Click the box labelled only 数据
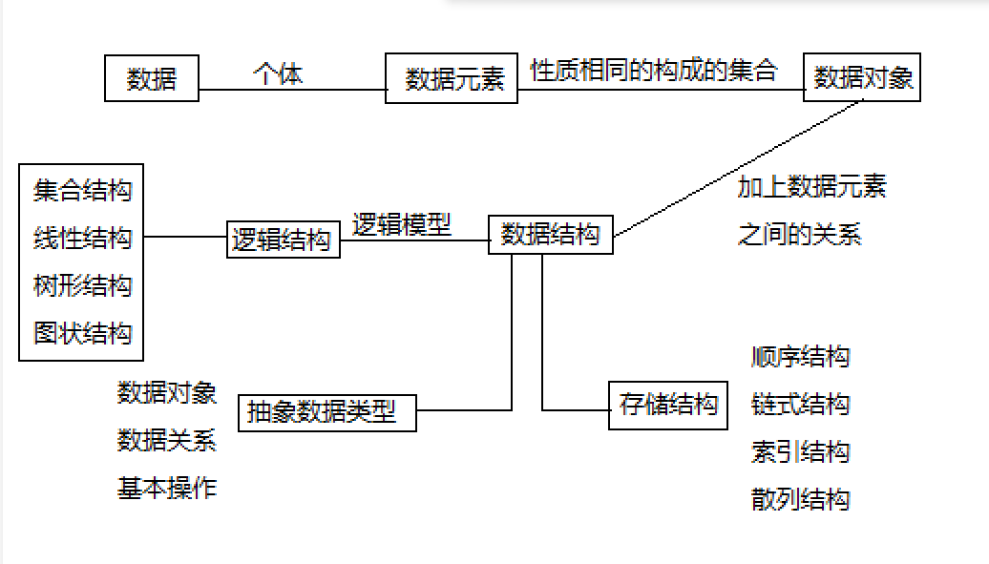pos(152,78)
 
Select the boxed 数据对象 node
pos(863,77)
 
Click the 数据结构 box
pos(551,235)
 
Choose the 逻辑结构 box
pos(284,240)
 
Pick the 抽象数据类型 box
pos(326,412)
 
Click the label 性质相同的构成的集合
pos(654,71)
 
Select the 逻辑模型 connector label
pos(402,225)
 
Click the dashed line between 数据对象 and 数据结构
pos(741,168)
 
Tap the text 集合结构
pos(82,190)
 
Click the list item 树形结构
pos(82,285)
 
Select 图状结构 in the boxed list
pos(82,333)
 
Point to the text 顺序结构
pos(800,357)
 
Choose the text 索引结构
pos(800,452)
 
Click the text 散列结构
pos(800,499)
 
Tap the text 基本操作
pos(167,489)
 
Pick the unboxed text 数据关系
pos(167,440)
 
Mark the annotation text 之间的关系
pos(799,234)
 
